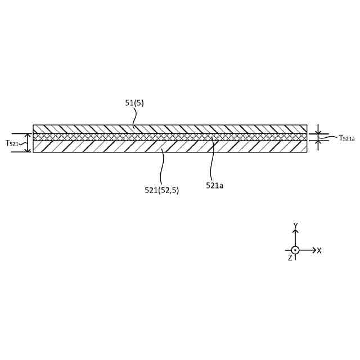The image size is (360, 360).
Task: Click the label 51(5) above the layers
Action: (x=134, y=103)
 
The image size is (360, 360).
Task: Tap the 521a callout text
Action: (x=214, y=185)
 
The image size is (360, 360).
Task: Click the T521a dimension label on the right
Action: (x=346, y=138)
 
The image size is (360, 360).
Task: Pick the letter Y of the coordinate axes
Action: (x=295, y=226)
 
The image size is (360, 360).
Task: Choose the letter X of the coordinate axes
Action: (x=319, y=250)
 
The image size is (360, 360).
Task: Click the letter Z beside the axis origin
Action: (x=290, y=258)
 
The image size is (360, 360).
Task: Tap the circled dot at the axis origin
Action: (x=295, y=250)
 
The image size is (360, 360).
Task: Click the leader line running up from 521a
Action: (x=212, y=160)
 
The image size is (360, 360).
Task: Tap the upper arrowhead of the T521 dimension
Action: (x=28, y=136)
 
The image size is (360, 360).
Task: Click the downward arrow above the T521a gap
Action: (x=318, y=131)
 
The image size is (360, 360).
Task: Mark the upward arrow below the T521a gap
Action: (x=318, y=142)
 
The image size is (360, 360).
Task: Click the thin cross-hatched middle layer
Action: (x=169, y=137)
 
